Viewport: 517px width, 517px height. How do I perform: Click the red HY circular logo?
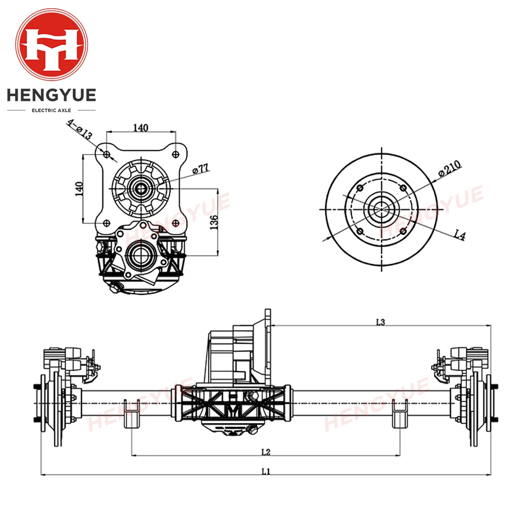tap(52, 45)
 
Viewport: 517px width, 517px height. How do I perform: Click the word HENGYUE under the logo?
tap(52, 96)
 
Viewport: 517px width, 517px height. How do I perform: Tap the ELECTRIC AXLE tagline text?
tap(52, 110)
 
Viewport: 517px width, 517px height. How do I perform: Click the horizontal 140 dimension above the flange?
tap(141, 128)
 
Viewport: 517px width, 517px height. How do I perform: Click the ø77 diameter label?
tap(200, 169)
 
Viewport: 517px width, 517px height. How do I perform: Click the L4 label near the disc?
tap(459, 236)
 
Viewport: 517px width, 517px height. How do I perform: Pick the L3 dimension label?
tap(381, 322)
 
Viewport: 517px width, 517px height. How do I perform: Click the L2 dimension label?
tap(266, 452)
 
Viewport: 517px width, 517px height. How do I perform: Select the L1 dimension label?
tap(266, 471)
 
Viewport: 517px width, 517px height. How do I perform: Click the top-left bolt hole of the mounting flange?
tap(107, 155)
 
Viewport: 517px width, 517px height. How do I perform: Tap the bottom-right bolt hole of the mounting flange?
tap(176, 223)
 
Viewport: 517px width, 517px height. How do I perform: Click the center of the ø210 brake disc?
tap(382, 209)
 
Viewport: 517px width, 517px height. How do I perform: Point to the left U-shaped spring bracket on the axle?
tap(132, 413)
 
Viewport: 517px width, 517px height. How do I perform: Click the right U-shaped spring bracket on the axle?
tap(400, 413)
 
